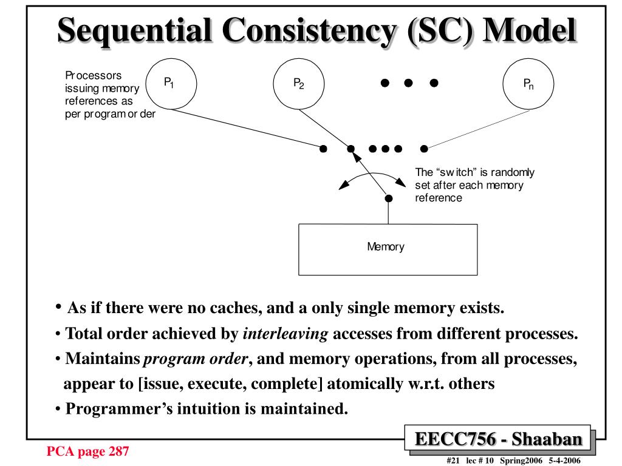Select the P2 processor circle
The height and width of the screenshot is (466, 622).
click(299, 84)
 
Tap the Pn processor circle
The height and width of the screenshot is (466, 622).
click(529, 84)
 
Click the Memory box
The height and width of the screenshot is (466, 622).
click(387, 249)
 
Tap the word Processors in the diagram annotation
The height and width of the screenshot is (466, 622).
click(93, 76)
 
